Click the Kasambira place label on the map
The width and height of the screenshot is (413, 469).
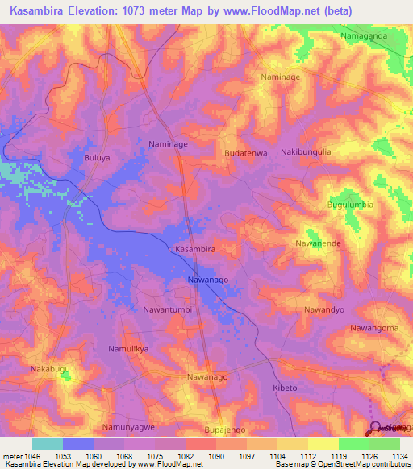pos(195,250)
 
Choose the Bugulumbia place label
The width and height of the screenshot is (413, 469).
pos(350,205)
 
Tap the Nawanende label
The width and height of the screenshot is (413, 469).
pos(322,243)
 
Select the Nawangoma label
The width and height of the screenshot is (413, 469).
pos(374,328)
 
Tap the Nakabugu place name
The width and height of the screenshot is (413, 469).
pos(52,369)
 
